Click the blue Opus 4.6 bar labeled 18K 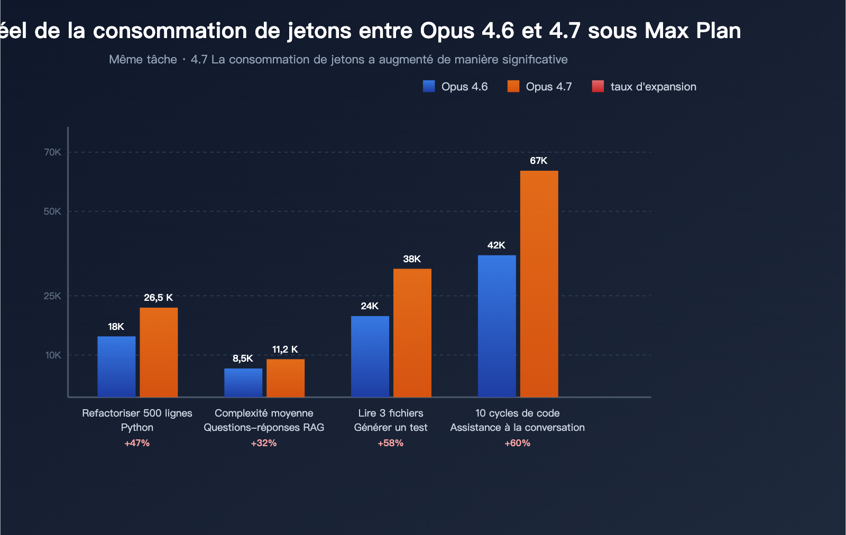coord(116,366)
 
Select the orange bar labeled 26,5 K coord(159,352)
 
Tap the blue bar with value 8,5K coord(243,382)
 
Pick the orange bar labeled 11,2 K coord(286,378)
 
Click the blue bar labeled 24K coord(370,356)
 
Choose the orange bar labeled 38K coord(412,333)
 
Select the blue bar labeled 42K coord(497,326)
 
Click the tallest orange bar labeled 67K coord(539,283)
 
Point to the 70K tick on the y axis coord(52,152)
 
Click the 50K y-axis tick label coord(52,211)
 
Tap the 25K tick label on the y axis coord(52,296)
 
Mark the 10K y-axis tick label coord(53,355)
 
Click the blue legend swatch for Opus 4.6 coord(429,86)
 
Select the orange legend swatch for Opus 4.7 coord(513,86)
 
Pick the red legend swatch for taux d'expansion coord(598,86)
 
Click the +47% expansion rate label coord(137,443)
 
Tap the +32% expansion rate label coord(264,443)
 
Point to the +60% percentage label coord(517,443)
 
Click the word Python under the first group coord(137,427)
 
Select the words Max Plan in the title coord(693,31)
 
